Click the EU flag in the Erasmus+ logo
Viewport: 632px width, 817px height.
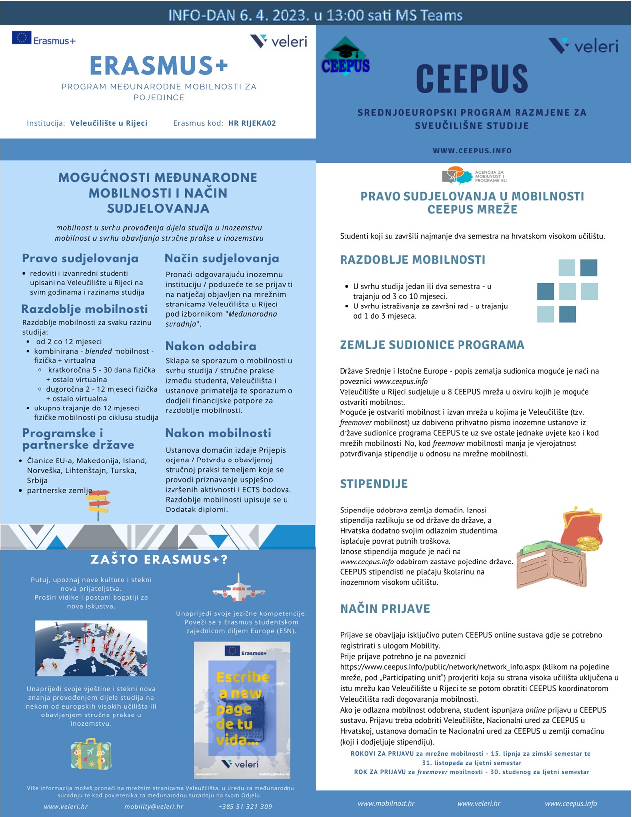(21, 38)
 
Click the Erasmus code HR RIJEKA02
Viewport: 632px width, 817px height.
(252, 123)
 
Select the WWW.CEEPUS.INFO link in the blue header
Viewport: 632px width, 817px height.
(472, 151)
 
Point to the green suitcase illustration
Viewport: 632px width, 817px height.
(91, 754)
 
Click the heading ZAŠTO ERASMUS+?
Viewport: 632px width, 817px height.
(159, 560)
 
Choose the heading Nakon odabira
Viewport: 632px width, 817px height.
(211, 346)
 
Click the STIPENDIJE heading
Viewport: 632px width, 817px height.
(374, 484)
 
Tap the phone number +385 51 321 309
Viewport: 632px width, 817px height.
(245, 807)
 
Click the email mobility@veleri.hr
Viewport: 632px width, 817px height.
(154, 807)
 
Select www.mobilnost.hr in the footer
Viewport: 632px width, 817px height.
(386, 804)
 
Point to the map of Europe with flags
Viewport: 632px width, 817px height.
(91, 648)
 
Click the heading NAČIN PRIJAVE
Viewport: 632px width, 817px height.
(385, 609)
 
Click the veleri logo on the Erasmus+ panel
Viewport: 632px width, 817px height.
(279, 41)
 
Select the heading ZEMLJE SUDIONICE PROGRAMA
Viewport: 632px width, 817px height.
(432, 345)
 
